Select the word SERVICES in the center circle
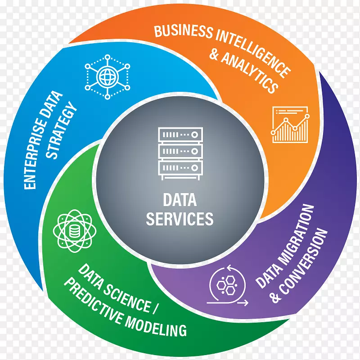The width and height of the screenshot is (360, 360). (x=180, y=219)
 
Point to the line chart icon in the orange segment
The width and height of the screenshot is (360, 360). (x=290, y=124)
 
